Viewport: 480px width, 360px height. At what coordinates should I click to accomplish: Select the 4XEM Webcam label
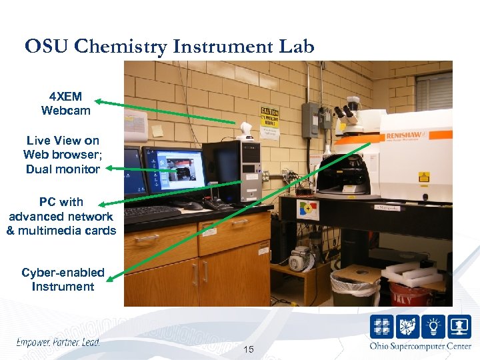click(65, 103)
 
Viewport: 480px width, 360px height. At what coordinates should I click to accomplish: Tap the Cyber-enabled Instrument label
click(63, 279)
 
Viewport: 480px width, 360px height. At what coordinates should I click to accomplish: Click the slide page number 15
click(249, 349)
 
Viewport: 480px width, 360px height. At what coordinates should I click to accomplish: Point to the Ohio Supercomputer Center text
click(420, 345)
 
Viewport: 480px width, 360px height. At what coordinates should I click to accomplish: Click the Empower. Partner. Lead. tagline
click(58, 343)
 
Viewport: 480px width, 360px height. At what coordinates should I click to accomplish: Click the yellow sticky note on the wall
click(157, 131)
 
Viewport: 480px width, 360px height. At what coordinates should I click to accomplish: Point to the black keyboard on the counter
click(151, 213)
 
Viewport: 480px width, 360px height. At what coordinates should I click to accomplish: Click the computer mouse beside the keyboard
click(193, 206)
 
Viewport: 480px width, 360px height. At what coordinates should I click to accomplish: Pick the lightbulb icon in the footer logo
click(433, 326)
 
